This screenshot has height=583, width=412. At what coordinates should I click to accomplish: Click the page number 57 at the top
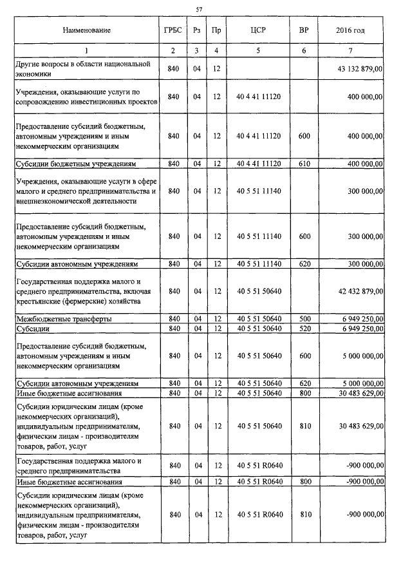point(199,8)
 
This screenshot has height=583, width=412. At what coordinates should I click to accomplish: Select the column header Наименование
point(87,30)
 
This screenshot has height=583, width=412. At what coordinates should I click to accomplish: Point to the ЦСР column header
point(258,30)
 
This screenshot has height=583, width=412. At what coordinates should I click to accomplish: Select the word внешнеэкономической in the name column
point(53,201)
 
